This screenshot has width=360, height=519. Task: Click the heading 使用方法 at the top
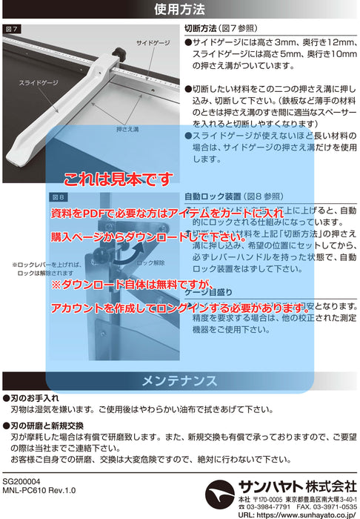point(180,10)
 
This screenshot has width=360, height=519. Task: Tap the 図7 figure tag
point(13,28)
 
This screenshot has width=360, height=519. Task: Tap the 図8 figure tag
point(58,197)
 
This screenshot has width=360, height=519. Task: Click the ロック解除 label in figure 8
point(150,264)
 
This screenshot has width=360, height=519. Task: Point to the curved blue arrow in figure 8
point(130,254)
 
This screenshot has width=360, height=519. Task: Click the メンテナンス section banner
point(180,381)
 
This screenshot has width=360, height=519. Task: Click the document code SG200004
point(24,481)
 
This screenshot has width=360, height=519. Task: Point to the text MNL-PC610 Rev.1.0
point(39,491)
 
